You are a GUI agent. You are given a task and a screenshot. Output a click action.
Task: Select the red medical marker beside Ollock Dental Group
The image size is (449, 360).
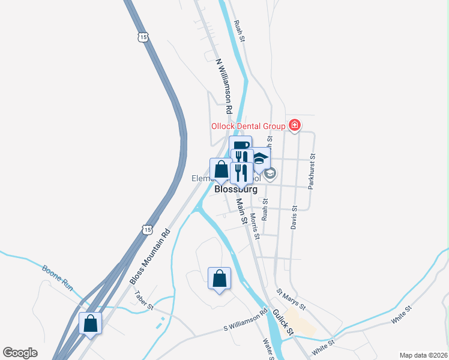294,125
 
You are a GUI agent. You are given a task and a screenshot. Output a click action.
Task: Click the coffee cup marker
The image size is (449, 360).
240,146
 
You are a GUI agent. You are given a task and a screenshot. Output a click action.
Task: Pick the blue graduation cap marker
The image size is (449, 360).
260,159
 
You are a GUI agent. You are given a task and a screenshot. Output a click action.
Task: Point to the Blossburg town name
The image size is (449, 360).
236,189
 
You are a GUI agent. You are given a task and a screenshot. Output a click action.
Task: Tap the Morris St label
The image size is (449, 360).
255,225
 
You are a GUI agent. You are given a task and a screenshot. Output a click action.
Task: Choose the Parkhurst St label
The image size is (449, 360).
312,171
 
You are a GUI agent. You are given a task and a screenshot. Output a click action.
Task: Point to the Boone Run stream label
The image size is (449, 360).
58,278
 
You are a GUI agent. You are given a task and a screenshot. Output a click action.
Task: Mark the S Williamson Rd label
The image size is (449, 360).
245,321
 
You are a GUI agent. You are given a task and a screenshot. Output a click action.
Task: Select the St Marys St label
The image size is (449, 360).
291,299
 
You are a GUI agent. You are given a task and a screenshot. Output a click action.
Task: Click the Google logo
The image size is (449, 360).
20,353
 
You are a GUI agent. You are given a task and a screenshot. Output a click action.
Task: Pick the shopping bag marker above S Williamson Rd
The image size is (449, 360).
219,278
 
